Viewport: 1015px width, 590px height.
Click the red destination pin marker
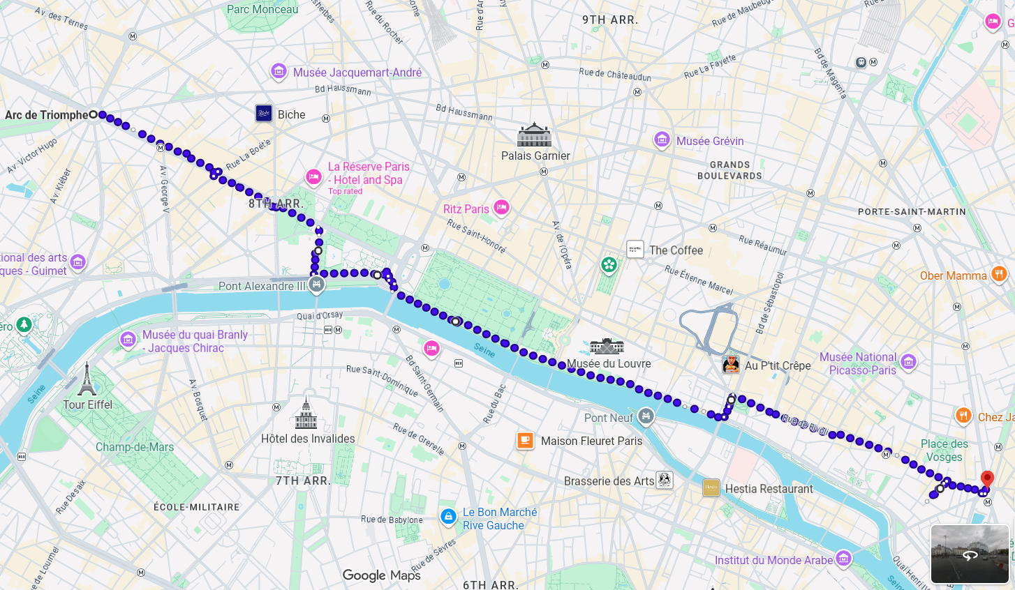click(x=987, y=479)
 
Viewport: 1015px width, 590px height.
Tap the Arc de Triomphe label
click(x=46, y=115)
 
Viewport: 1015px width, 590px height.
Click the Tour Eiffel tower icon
click(x=87, y=379)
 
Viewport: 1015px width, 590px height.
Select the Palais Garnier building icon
click(x=535, y=135)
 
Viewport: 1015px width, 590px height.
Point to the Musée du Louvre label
click(x=609, y=363)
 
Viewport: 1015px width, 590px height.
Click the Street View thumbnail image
click(x=970, y=554)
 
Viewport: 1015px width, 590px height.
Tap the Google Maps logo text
click(x=381, y=575)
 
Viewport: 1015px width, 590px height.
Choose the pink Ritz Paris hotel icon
click(x=501, y=208)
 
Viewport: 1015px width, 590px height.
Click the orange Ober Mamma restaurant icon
click(x=999, y=274)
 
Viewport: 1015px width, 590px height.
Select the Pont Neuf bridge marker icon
click(x=646, y=416)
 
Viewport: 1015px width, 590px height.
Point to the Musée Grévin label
click(x=710, y=141)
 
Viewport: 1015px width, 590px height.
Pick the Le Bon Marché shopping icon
click(x=448, y=517)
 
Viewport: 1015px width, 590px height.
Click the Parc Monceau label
click(x=262, y=10)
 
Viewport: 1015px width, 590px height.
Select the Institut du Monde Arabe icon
click(x=843, y=558)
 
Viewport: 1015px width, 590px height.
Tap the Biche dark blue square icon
click(x=264, y=114)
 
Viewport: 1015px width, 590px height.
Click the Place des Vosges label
click(x=944, y=451)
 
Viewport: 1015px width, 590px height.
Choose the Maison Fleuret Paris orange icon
click(x=525, y=440)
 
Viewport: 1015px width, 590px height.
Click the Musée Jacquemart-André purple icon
click(x=279, y=71)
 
